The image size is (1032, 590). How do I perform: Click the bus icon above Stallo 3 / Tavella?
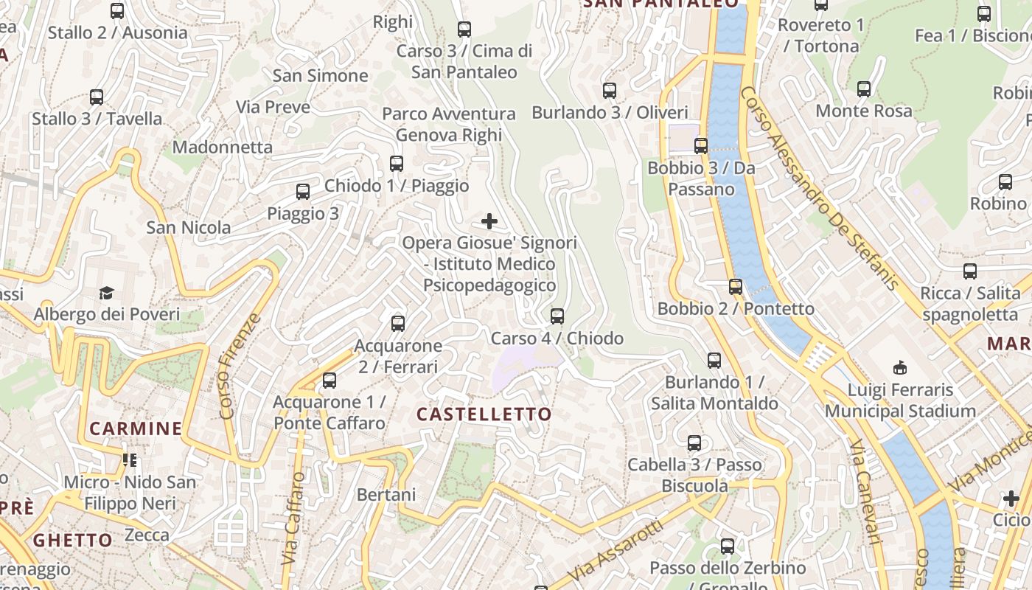97,97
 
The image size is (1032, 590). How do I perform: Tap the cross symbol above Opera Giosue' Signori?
489,221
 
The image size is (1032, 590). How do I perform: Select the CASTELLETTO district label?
484,414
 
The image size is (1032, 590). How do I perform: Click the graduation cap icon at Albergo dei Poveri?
107,294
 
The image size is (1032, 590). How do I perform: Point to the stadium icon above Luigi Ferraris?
899,367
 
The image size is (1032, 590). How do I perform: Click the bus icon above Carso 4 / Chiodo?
557,316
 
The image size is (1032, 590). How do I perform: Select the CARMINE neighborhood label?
136,428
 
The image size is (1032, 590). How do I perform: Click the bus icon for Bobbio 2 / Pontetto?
735,287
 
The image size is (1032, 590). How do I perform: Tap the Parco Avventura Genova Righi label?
448,125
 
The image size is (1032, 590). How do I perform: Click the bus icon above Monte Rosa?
864,89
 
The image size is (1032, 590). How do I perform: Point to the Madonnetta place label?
224,147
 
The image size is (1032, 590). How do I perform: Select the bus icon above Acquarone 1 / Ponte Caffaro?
330,381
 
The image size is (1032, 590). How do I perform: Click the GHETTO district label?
73,540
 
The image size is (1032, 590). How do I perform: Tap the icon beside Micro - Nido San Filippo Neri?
130,461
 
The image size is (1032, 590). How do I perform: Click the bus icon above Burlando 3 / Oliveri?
610,91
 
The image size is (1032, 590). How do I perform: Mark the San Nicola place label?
189,227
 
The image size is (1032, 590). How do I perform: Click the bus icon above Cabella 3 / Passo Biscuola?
694,443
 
